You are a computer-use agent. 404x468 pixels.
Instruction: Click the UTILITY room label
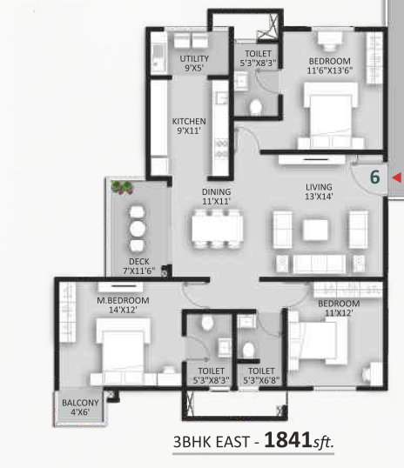pyautogui.click(x=194, y=58)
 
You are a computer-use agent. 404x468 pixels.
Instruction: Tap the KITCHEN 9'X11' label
pyautogui.click(x=189, y=126)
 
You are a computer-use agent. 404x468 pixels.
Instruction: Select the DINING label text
pyautogui.click(x=216, y=191)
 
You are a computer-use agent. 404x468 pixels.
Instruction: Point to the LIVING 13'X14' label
pyautogui.click(x=319, y=191)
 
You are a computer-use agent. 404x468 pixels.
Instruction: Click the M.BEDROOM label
pyautogui.click(x=123, y=300)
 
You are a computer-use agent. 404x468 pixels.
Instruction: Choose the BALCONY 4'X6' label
pyautogui.click(x=80, y=407)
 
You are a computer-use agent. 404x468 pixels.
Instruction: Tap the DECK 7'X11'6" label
pyautogui.click(x=139, y=266)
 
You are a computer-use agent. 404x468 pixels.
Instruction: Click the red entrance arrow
pyautogui.click(x=396, y=177)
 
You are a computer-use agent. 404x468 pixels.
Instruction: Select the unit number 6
pyautogui.click(x=374, y=177)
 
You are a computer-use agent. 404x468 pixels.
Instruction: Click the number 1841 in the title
pyautogui.click(x=287, y=439)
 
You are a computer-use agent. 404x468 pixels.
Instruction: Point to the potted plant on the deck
pyautogui.click(x=122, y=187)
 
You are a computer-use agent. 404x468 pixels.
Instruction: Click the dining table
pyautogui.click(x=217, y=229)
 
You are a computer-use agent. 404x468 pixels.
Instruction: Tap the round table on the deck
pyautogui.click(x=138, y=228)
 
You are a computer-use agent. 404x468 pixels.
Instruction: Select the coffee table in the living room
pyautogui.click(x=315, y=230)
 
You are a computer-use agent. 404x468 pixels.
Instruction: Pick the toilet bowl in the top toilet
pyautogui.click(x=256, y=107)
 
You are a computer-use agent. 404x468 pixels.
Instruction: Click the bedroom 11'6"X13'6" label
pyautogui.click(x=330, y=65)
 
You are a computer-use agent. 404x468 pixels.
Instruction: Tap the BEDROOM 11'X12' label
pyautogui.click(x=339, y=308)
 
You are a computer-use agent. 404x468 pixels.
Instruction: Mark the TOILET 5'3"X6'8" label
pyautogui.click(x=261, y=376)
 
